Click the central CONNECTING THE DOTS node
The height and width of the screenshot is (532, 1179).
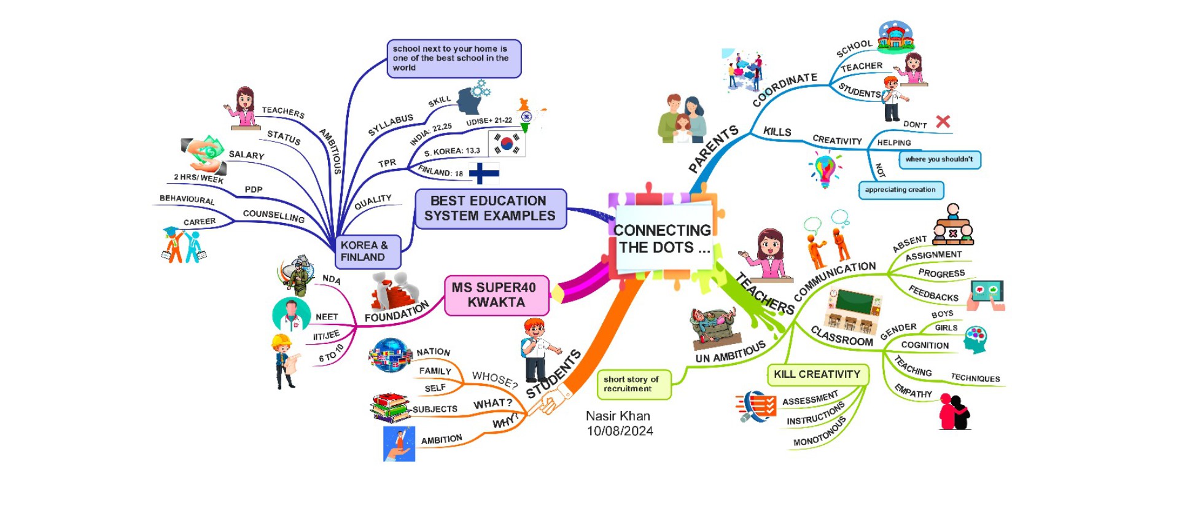(x=662, y=239)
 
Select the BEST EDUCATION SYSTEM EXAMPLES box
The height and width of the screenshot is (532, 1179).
(x=490, y=209)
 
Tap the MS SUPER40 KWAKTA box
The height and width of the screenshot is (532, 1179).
(x=496, y=295)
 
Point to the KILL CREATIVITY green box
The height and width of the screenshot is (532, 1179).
(x=817, y=374)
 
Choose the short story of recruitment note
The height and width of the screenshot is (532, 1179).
(x=632, y=384)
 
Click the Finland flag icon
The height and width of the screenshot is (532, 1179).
(x=484, y=173)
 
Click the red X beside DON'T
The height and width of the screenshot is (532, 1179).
(x=943, y=121)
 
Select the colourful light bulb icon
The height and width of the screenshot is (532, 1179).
(x=825, y=170)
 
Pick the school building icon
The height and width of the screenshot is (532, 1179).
(x=895, y=36)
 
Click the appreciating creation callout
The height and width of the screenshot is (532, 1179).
(x=900, y=190)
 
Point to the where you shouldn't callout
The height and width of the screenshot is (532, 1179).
(x=939, y=159)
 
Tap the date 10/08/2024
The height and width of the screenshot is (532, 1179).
(x=620, y=431)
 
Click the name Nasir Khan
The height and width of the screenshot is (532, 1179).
(x=618, y=416)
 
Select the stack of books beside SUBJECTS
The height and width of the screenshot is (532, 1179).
(x=390, y=407)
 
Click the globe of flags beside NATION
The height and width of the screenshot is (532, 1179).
(x=390, y=356)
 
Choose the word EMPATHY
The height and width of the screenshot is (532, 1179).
(x=913, y=391)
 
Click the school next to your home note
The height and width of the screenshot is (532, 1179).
(x=453, y=58)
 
